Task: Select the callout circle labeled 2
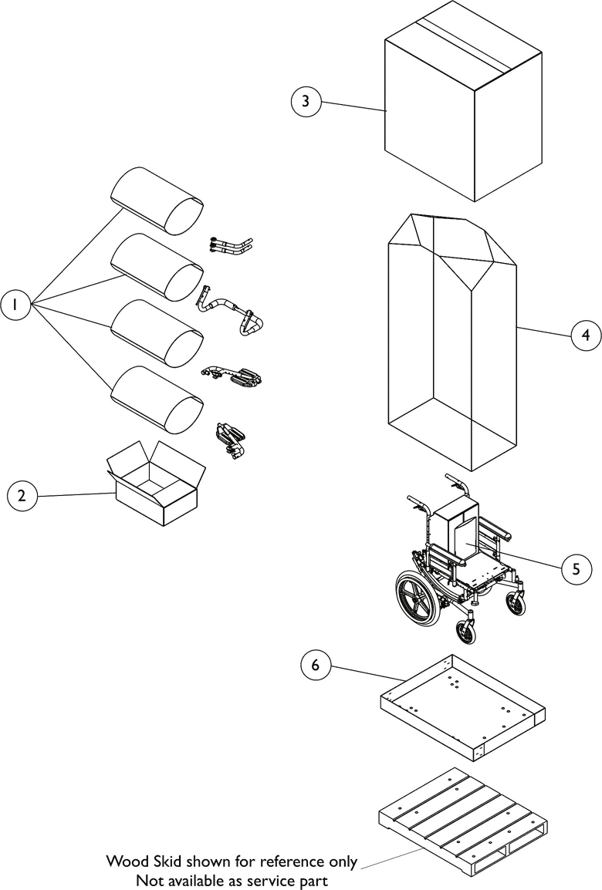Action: (22, 495)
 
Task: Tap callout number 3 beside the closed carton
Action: (306, 102)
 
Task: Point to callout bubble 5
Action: (576, 569)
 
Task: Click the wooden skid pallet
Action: (463, 818)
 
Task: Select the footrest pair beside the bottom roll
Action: (229, 440)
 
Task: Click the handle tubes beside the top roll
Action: (231, 246)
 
